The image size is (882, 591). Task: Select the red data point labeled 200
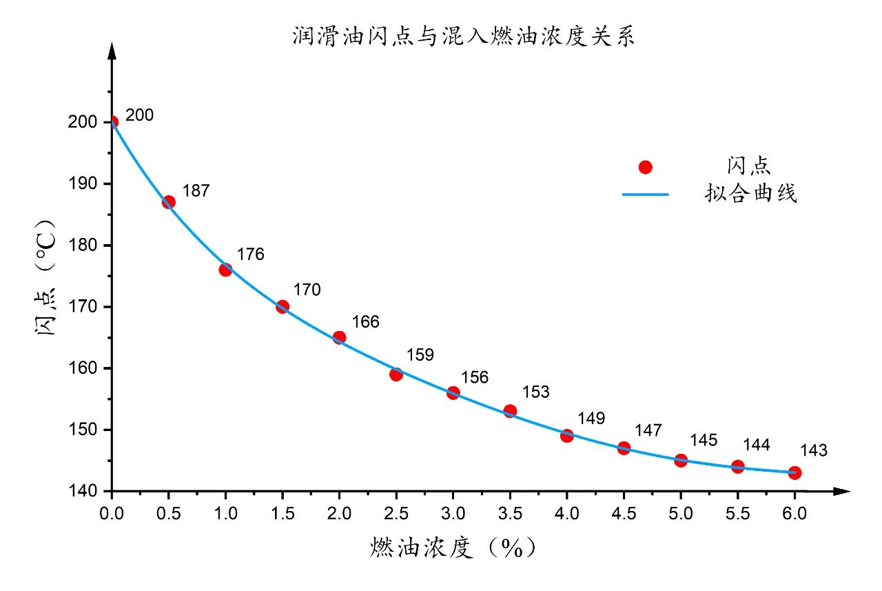click(x=112, y=122)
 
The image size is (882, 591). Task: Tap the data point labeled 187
click(x=169, y=202)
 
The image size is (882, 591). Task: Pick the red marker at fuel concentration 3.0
click(x=453, y=393)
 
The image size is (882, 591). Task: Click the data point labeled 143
click(x=794, y=472)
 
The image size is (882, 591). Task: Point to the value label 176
click(x=250, y=254)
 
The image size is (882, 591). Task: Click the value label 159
click(x=420, y=355)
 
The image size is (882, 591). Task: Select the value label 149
click(x=591, y=419)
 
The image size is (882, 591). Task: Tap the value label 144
click(x=756, y=445)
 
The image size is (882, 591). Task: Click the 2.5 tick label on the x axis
click(x=396, y=513)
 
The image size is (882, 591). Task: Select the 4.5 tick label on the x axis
click(x=624, y=513)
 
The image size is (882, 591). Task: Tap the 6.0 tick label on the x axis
click(x=794, y=513)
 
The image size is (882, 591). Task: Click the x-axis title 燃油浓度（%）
click(x=452, y=548)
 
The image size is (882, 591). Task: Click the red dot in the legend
click(x=645, y=168)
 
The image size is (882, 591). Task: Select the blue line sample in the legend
click(x=645, y=194)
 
